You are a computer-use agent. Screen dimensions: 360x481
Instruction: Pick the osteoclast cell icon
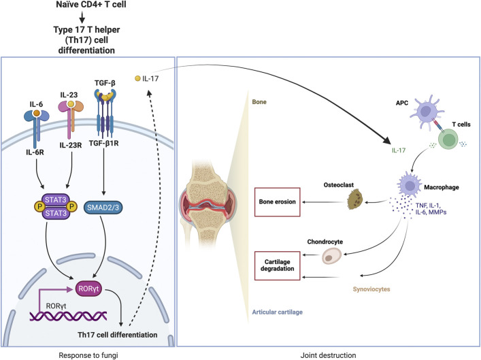[x=354, y=199]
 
